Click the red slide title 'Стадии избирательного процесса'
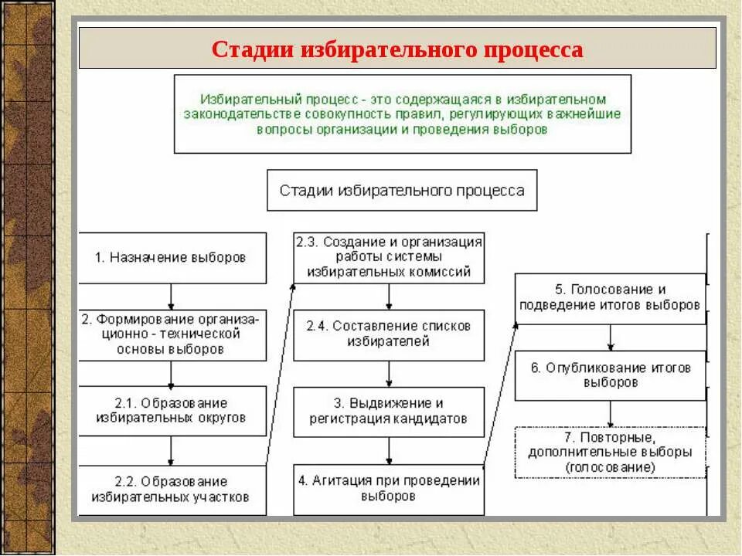point(397,49)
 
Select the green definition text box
point(402,114)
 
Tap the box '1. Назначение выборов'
point(172,258)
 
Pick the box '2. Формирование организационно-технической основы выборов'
point(172,335)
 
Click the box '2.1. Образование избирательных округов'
point(172,411)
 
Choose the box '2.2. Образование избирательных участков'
point(172,490)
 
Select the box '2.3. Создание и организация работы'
point(389,258)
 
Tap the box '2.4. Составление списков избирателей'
point(389,335)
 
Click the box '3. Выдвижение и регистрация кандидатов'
point(389,412)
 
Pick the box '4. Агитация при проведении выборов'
point(389,489)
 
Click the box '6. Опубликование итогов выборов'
point(610,375)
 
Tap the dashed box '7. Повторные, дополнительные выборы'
point(610,453)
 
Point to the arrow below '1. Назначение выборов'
point(172,297)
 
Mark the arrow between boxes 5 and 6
point(611,337)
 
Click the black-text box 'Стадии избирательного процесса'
point(402,191)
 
